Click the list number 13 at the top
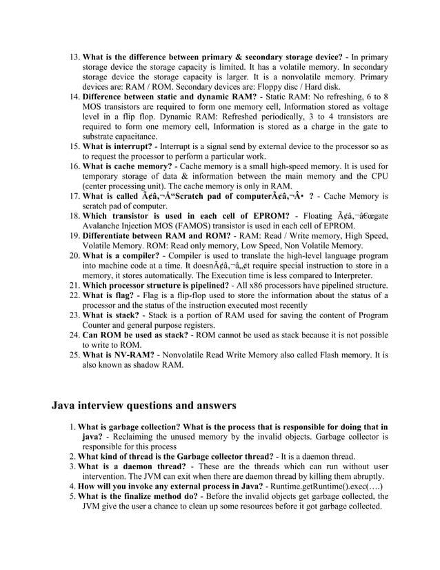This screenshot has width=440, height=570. tap(74, 56)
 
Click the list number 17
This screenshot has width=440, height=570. tap(74, 197)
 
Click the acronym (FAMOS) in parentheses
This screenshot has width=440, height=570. tap(208, 226)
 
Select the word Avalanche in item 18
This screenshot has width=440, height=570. tap(104, 226)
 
